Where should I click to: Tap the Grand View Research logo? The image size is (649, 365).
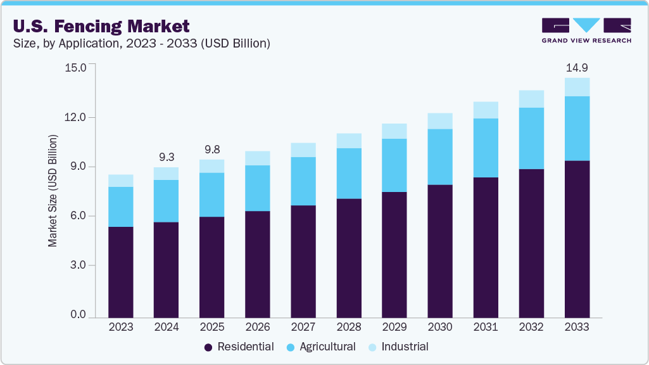pos(586,30)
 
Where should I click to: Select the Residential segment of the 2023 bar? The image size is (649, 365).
pos(120,272)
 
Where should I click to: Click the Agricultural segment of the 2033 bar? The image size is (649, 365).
pos(577,129)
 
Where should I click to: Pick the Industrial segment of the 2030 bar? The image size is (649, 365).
pos(440,121)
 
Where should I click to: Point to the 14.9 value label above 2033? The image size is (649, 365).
pos(577,68)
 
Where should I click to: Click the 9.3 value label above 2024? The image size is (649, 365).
pos(166,156)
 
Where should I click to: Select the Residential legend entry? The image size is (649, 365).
pos(239,347)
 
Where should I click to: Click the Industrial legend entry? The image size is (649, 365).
pos(399,347)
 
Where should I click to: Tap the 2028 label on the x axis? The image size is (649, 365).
pos(348,327)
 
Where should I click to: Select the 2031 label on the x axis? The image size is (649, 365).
pos(486,327)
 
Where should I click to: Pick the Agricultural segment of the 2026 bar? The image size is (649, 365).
pos(257,188)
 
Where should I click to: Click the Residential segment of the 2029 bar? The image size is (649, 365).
pos(394,254)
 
